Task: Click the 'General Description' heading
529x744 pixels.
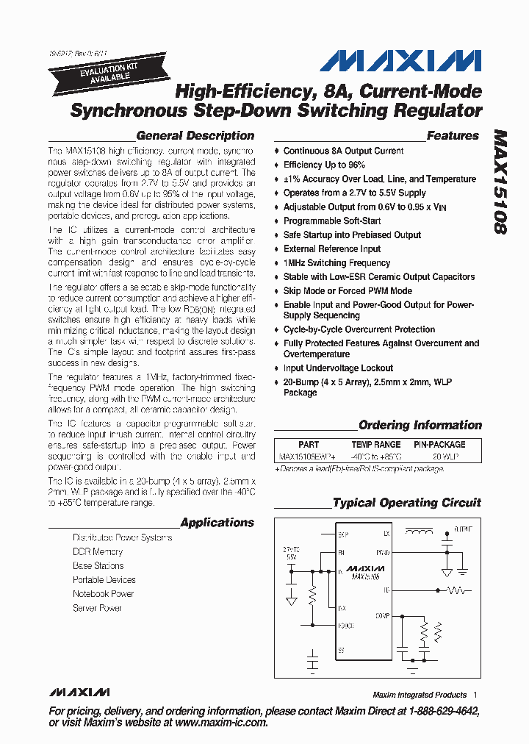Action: (195, 136)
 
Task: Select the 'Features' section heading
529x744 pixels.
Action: (453, 136)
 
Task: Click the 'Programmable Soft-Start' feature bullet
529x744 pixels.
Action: (331, 221)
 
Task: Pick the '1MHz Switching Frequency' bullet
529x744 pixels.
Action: (337, 262)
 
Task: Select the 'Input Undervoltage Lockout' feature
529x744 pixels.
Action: (338, 368)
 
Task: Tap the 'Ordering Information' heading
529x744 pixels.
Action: (420, 425)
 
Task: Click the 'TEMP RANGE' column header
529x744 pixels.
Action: (375, 444)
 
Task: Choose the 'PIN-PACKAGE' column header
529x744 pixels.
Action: (439, 444)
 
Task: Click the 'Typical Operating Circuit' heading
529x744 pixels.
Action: (406, 503)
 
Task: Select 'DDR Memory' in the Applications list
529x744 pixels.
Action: (98, 551)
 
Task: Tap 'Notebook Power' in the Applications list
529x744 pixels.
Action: (103, 593)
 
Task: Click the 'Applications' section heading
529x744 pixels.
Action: (217, 523)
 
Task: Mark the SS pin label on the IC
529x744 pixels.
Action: (340, 650)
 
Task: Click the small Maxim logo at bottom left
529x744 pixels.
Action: (79, 693)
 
